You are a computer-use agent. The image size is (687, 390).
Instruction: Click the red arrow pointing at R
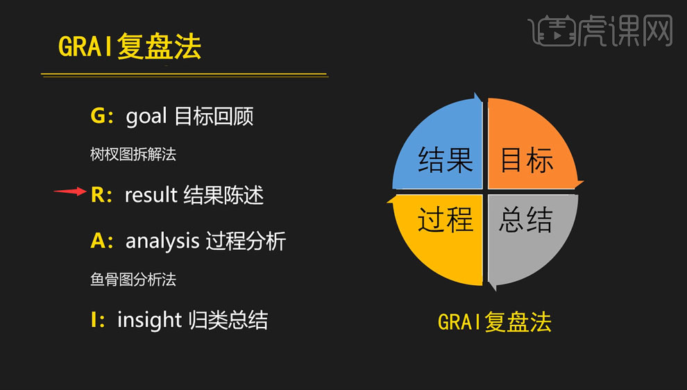70,192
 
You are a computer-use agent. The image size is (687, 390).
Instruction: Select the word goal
146,115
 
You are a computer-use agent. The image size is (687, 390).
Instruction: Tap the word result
151,195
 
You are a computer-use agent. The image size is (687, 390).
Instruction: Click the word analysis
162,241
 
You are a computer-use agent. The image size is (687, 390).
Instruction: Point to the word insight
149,319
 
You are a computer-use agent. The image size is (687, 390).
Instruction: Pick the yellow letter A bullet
99,241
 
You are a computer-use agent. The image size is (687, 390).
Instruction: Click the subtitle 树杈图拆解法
133,154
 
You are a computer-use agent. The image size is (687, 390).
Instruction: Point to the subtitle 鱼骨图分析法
133,279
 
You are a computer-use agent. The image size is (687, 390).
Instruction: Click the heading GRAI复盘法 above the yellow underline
130,47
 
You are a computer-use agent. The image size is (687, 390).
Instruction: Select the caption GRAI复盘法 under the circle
494,322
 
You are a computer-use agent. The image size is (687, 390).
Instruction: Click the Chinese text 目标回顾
214,115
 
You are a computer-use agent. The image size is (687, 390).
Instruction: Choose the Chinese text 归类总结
228,319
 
